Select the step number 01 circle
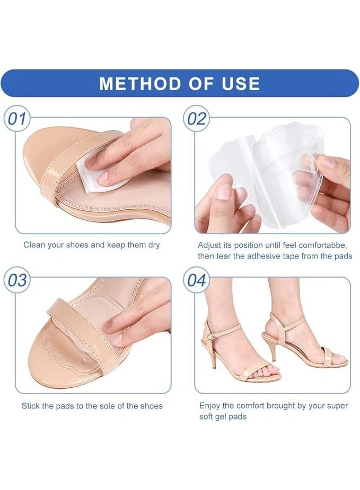coord(16,119)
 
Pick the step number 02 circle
coord(196,119)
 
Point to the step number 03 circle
coord(16,280)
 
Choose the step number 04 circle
coord(196,280)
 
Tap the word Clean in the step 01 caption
coord(34,245)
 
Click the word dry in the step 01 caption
coord(154,245)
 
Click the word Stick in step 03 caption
coord(30,406)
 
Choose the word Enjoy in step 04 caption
coord(209,406)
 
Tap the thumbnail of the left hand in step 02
coord(224,191)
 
